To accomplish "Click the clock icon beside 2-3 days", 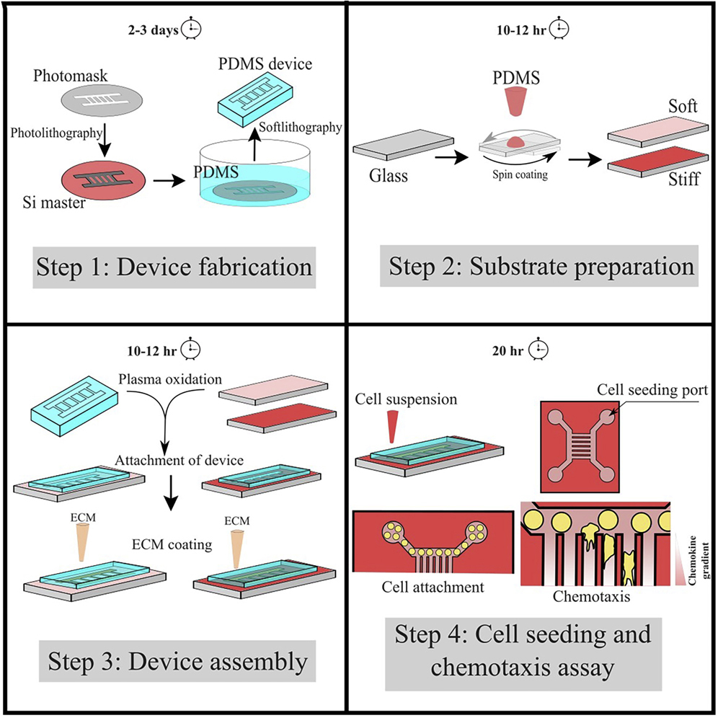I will pyautogui.click(x=191, y=29).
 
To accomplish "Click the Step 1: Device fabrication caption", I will pyautogui.click(x=173, y=268).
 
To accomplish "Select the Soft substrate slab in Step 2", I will pyautogui.click(x=655, y=129).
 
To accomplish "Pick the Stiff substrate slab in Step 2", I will pyautogui.click(x=655, y=160).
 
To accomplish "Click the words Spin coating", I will pyautogui.click(x=517, y=174).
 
